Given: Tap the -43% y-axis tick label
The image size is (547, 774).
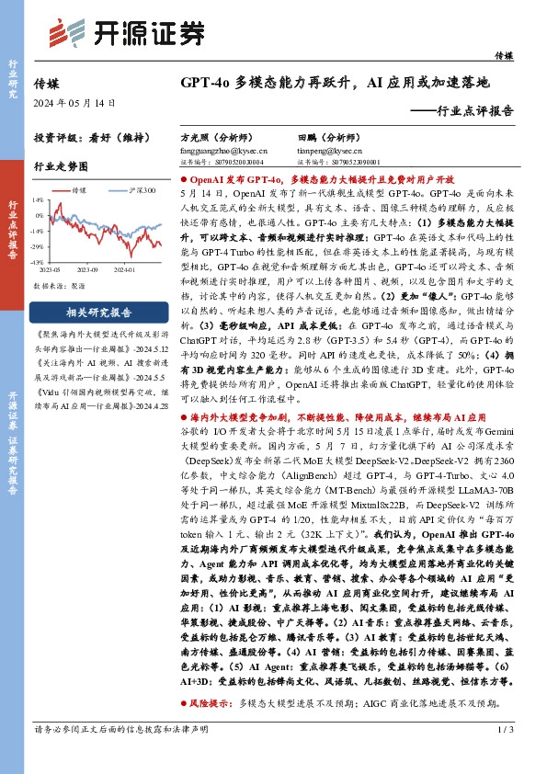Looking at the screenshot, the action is tap(37, 263).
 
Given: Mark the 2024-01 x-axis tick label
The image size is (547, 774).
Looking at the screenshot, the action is tap(124, 270).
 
